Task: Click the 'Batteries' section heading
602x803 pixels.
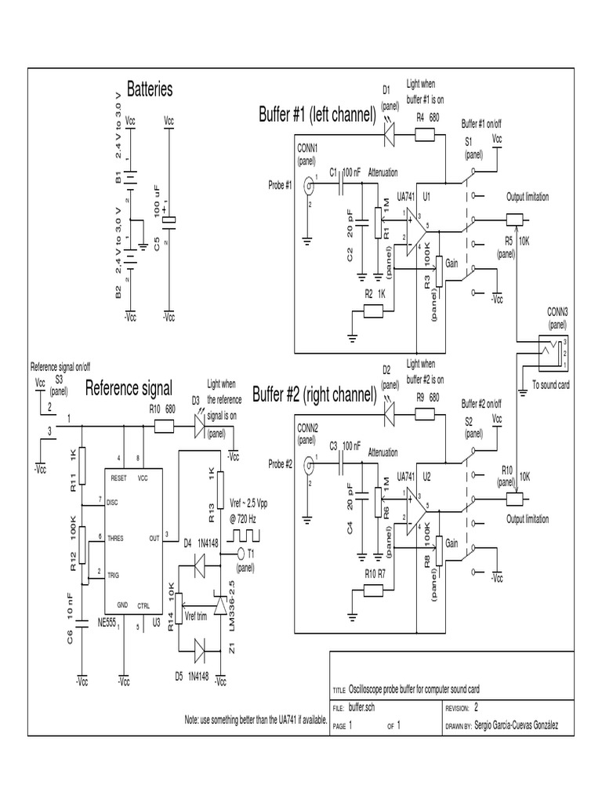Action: (149, 89)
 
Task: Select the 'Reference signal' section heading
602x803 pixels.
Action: (129, 387)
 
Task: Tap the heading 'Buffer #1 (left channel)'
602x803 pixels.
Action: (317, 115)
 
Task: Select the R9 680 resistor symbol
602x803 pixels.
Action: (424, 412)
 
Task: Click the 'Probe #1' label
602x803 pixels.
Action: (279, 186)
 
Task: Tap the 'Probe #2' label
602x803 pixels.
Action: (279, 463)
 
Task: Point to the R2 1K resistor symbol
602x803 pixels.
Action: (373, 312)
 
